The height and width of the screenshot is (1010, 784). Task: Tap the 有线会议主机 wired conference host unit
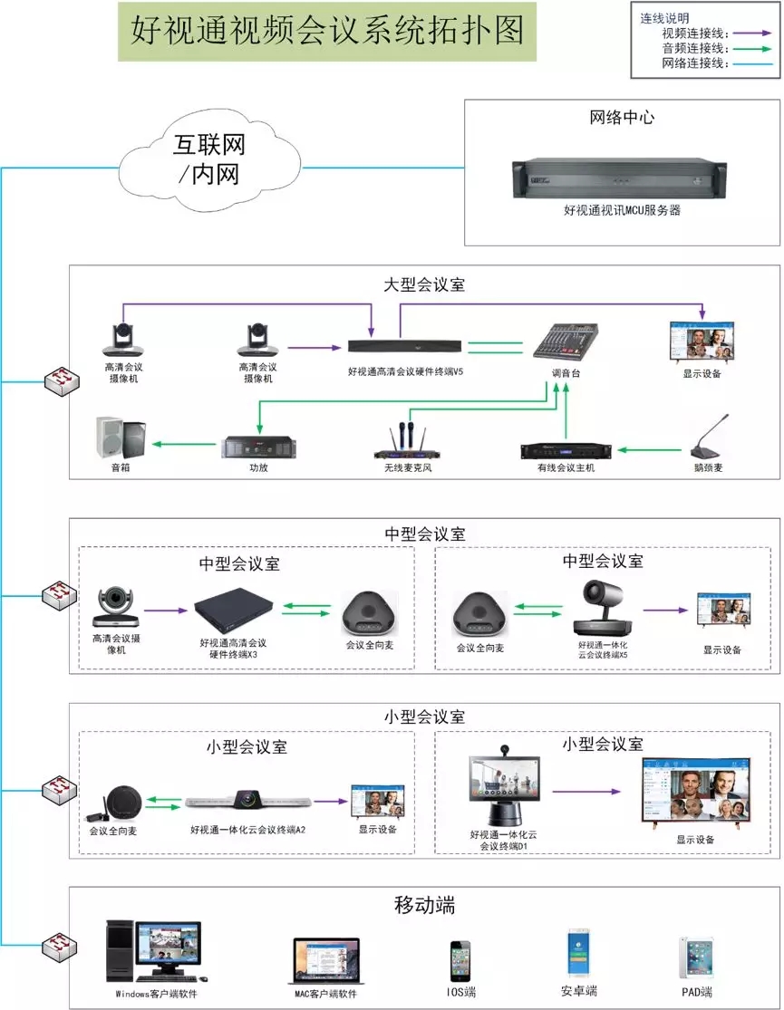566,450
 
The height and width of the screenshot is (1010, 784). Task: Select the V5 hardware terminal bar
405,346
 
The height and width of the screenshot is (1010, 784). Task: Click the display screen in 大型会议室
702,342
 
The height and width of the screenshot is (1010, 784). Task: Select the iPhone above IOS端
460,961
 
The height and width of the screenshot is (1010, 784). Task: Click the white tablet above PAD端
695,957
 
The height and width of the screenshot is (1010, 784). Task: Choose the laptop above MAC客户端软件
326,962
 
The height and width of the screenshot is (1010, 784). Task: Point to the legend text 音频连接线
692,48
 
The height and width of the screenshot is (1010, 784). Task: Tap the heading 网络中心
622,117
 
